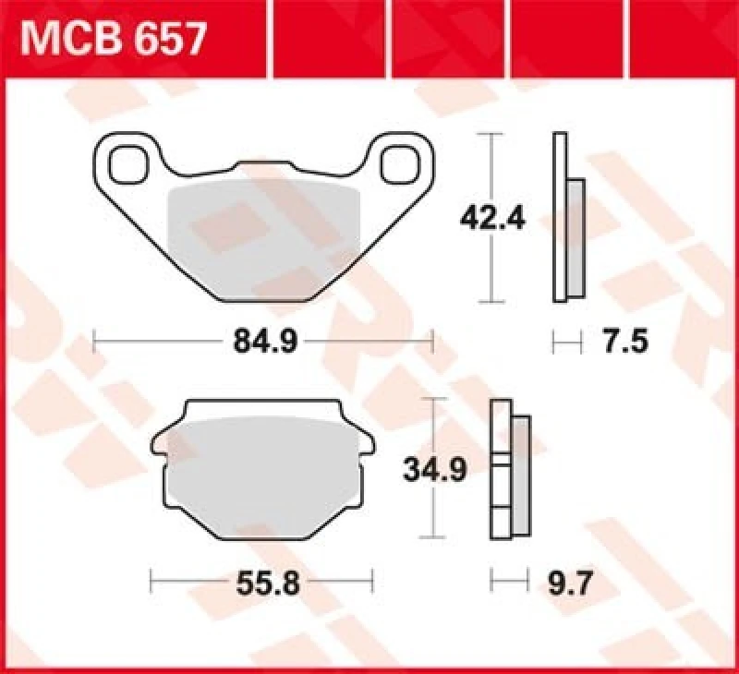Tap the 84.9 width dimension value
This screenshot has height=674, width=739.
263,343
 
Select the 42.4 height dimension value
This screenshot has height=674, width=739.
493,219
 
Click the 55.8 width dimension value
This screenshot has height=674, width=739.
261,584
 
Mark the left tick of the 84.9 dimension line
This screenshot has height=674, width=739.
95,343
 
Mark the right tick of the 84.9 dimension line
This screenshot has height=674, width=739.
432,343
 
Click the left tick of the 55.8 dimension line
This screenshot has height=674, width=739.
151,584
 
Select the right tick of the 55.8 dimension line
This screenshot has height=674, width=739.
371,584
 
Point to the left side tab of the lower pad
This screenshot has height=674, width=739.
159,449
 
